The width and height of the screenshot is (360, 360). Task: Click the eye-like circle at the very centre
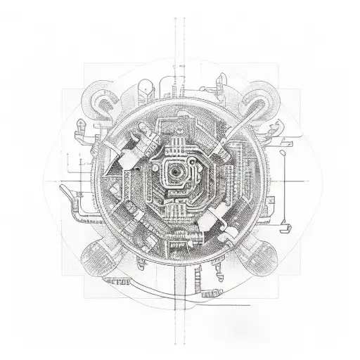173,169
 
